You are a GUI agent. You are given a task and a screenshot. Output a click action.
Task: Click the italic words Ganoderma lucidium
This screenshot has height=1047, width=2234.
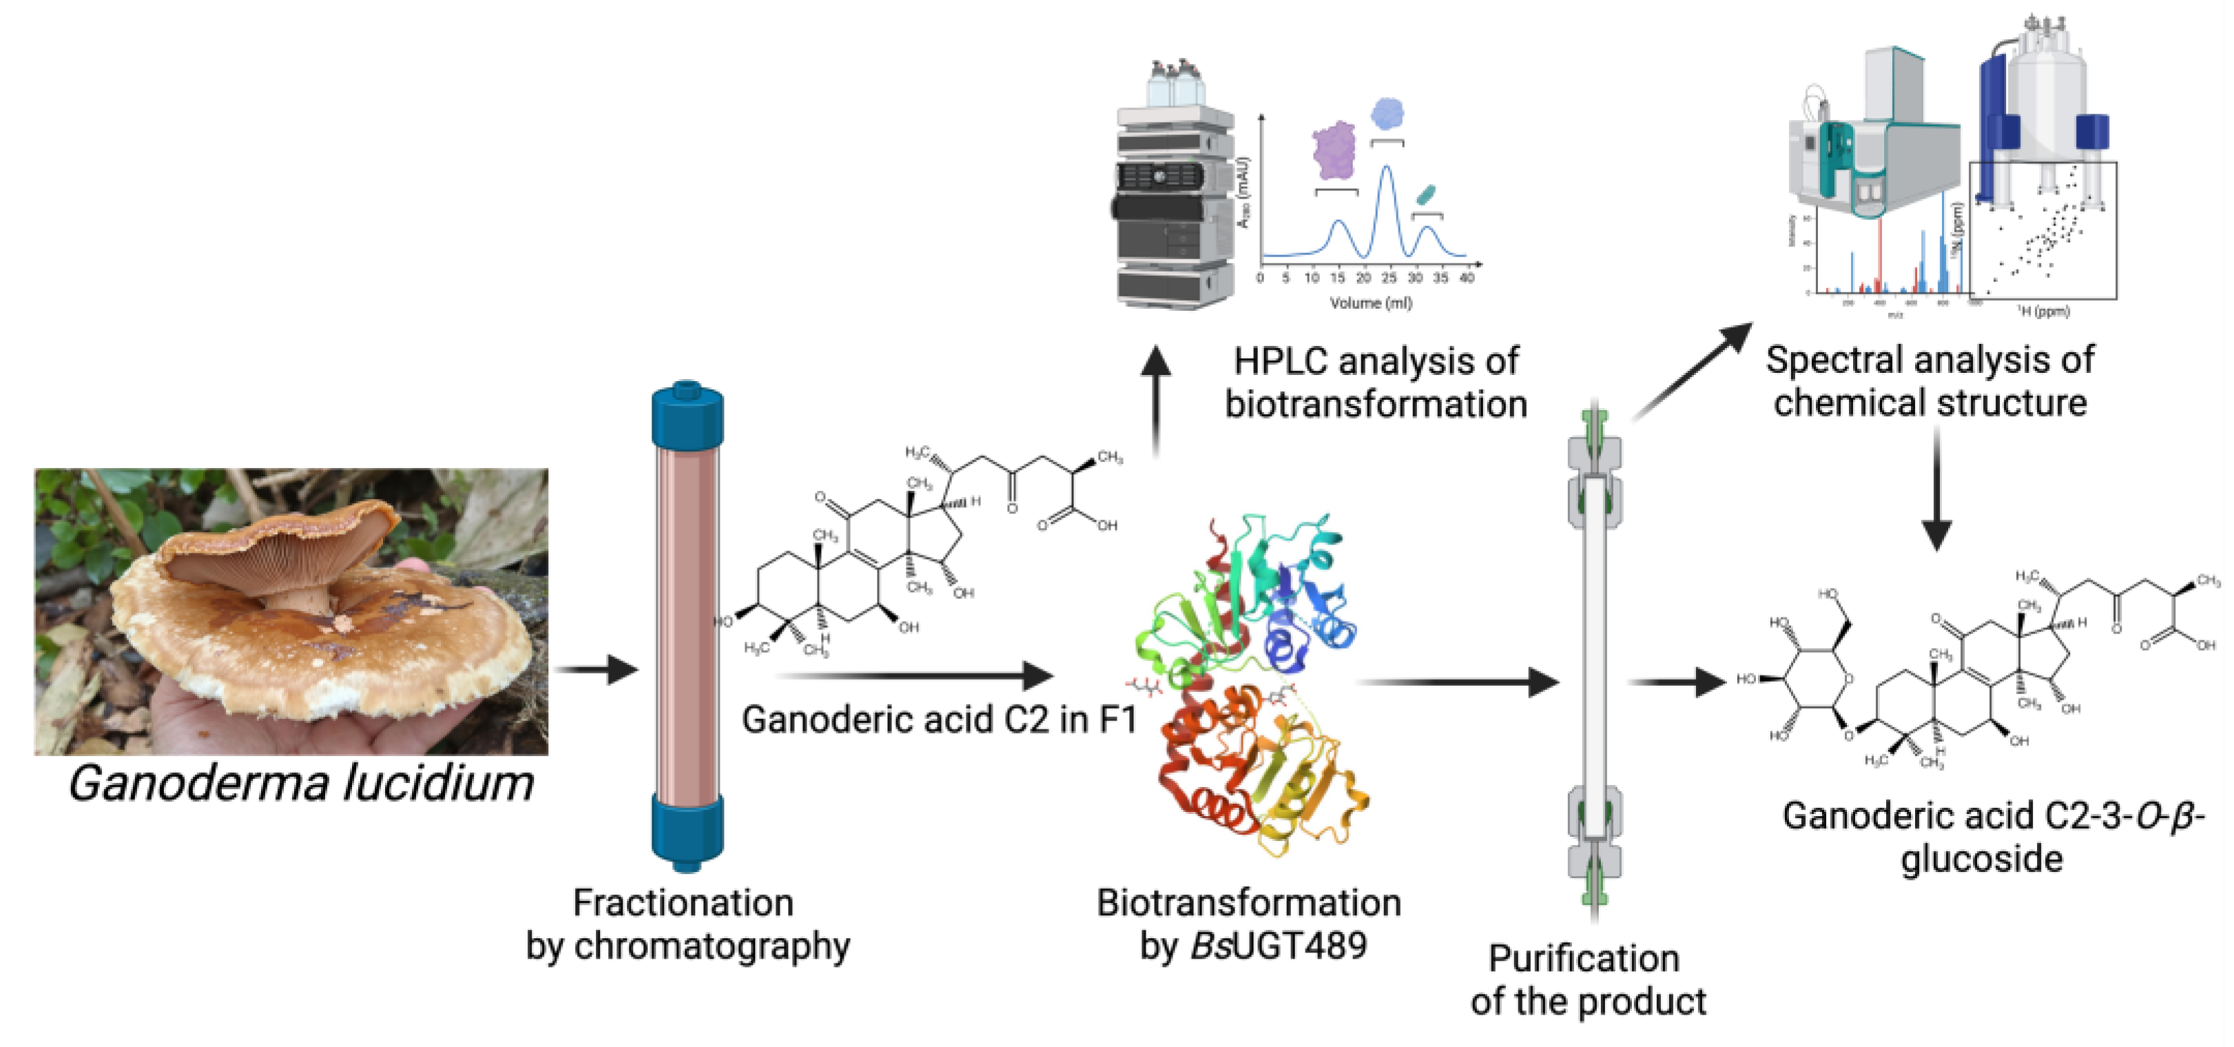301,783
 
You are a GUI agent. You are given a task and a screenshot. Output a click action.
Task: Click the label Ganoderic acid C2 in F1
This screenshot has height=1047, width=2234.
938,720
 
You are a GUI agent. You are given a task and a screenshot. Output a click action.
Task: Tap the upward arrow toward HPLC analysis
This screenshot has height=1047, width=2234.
1155,399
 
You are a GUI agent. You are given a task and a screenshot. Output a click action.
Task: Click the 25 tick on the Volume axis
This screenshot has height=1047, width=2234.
1389,278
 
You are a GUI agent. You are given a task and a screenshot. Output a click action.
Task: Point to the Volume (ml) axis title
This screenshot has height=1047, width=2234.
1371,303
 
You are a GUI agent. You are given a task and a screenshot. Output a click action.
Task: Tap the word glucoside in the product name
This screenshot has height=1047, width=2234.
1982,860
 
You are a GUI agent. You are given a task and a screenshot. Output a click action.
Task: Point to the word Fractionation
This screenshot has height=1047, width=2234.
683,903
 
